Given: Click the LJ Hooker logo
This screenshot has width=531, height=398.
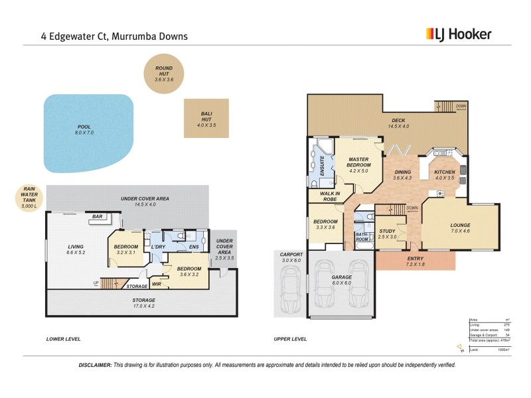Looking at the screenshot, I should [458, 34].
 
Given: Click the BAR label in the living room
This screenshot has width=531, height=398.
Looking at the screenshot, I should [96, 217].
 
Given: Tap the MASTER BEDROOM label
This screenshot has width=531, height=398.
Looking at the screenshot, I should [358, 163].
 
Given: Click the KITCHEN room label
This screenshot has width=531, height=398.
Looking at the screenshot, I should [444, 172].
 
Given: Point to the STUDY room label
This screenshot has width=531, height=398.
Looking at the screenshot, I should [387, 232].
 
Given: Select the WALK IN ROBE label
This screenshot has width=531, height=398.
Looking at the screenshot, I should [323, 196].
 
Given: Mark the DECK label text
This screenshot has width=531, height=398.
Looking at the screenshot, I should [398, 120].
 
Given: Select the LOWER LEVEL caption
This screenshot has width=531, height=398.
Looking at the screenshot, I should [63, 339].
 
